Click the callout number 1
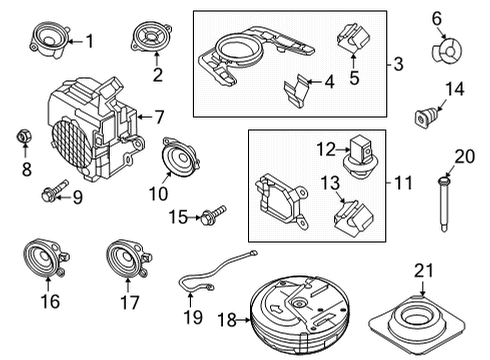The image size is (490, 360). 89,41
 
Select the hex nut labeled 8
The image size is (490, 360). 24,136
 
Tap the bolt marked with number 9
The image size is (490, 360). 54,190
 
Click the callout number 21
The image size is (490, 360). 423,270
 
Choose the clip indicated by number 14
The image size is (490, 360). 426,117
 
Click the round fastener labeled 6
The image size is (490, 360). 447,51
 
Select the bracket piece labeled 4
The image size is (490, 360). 296,91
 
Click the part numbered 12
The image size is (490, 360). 358,157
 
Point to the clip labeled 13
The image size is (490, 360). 353,217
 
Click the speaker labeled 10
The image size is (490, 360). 180,157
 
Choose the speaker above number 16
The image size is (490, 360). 46,258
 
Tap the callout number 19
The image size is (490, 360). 193,317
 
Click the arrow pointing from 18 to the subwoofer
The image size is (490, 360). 243,320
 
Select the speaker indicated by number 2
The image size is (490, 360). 152,36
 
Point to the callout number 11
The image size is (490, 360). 403,183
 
